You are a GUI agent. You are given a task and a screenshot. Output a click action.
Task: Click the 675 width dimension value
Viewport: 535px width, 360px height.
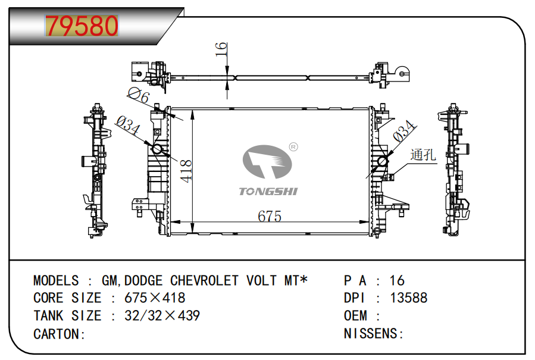pos(269,217)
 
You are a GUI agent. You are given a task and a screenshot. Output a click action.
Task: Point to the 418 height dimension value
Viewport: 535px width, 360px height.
pos(186,171)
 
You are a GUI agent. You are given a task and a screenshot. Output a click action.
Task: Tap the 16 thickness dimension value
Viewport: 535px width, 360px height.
pos(221,48)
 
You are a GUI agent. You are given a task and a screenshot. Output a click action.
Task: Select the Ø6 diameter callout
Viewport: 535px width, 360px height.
pos(138,95)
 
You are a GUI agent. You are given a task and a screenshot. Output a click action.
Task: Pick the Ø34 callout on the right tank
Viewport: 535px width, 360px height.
pos(403,131)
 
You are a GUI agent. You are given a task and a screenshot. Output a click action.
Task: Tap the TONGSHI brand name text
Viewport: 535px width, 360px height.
pos(268,191)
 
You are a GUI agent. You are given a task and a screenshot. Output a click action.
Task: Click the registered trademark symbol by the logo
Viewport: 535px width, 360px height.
pos(293,146)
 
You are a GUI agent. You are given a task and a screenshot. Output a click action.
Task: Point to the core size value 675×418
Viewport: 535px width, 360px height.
pos(155,298)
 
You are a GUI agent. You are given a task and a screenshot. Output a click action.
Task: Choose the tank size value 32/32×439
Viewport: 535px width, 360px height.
pos(162,315)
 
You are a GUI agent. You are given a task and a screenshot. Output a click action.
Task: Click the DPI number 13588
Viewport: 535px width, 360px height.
pos(408,298)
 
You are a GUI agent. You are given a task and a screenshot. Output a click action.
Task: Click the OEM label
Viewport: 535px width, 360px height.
pos(355,315)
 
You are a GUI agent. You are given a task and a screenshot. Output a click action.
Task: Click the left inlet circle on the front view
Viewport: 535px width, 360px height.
pos(158,149)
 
